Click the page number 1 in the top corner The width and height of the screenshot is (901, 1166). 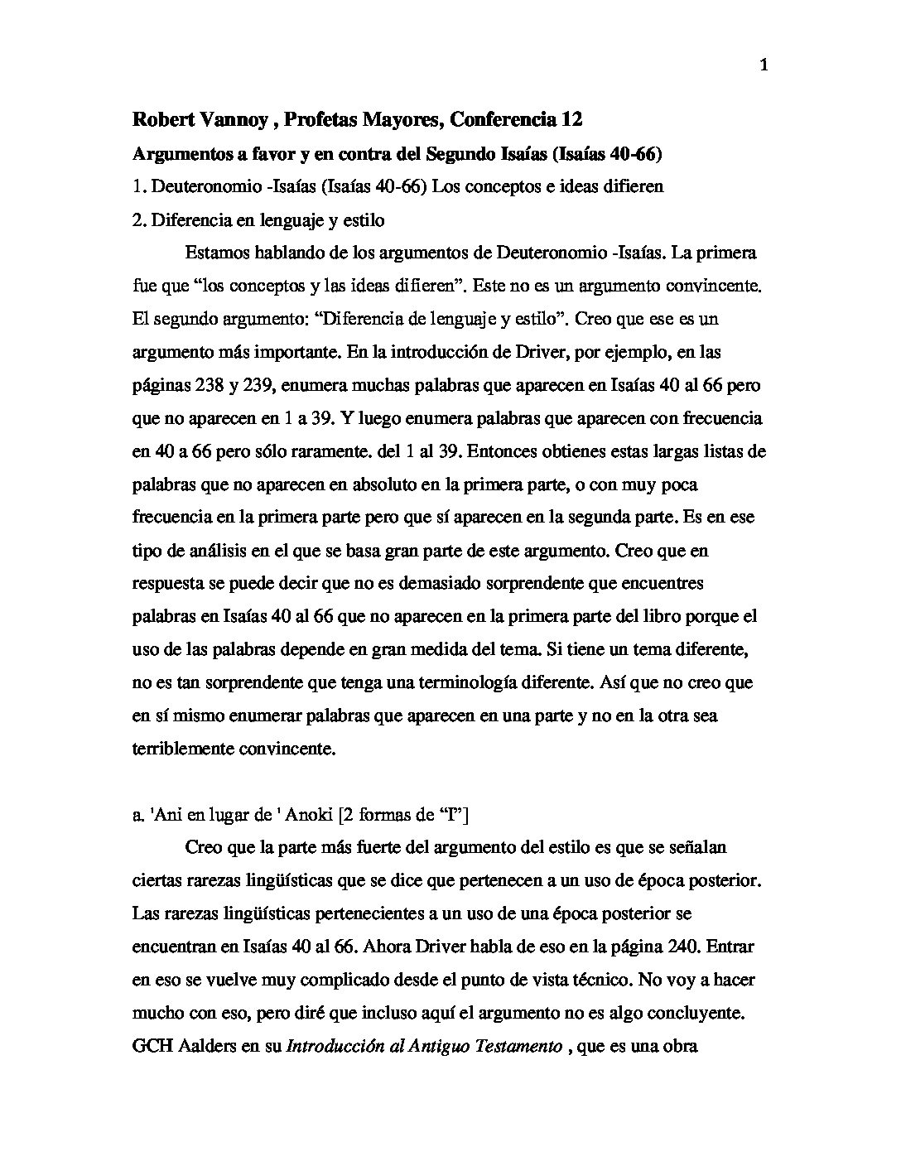coord(764,67)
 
